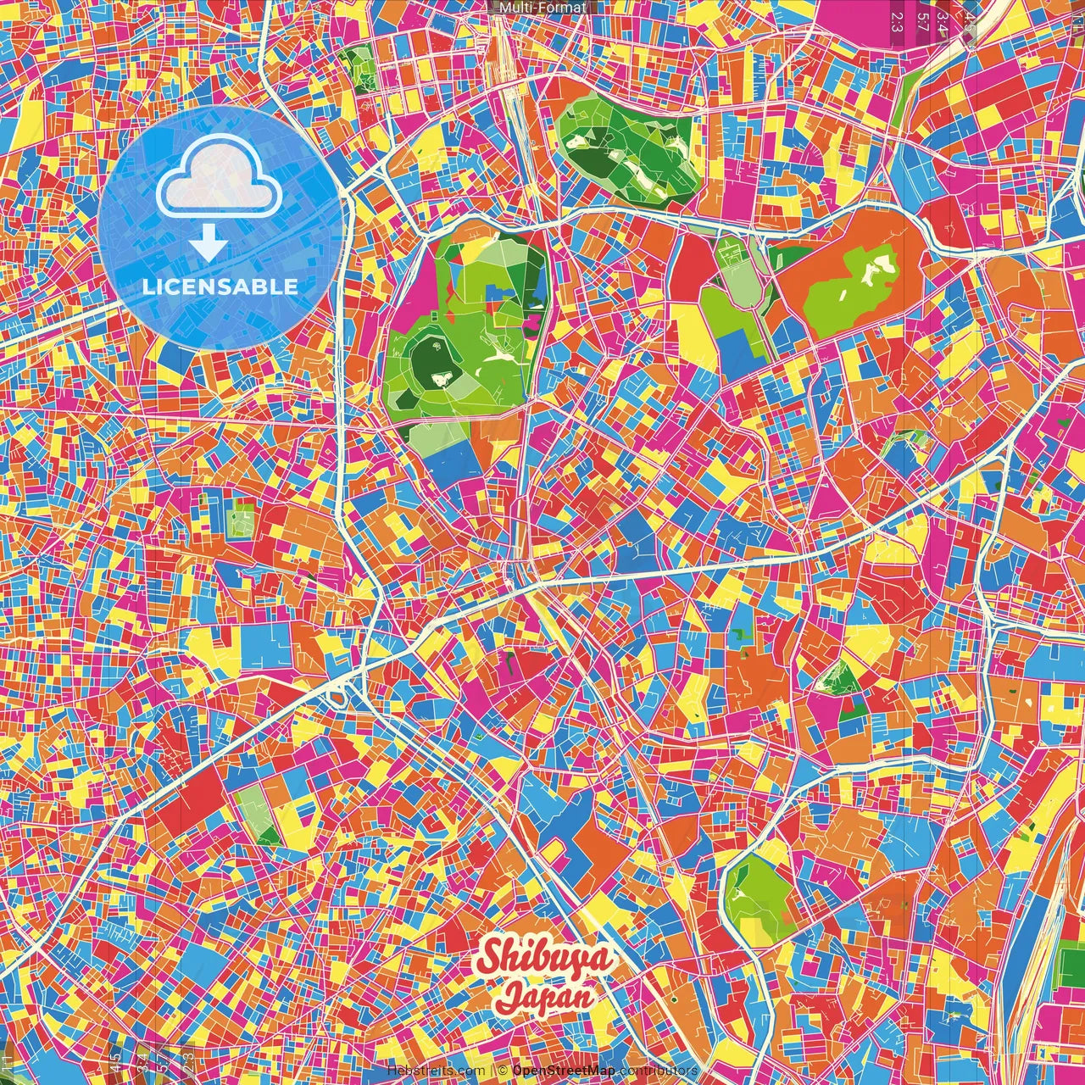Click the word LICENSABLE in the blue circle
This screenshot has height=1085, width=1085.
tap(220, 287)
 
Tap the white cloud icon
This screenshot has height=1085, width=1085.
tap(220, 179)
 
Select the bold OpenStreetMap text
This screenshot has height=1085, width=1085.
tap(563, 1071)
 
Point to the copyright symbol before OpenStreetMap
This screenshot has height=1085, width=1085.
tap(503, 1071)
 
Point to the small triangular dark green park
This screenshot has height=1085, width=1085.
tap(839, 678)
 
